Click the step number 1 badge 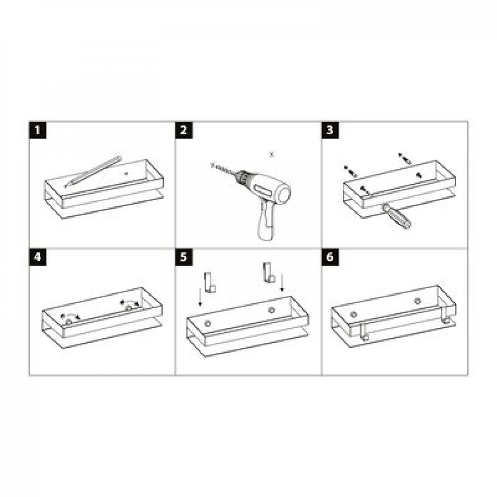coord(38,130)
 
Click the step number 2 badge coord(184,130)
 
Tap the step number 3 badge coord(330,130)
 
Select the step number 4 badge coord(38,257)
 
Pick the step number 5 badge coord(184,257)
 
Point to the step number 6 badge coord(330,257)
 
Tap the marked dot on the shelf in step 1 coord(126,173)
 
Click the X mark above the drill coord(272,155)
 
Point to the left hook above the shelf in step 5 coord(210,282)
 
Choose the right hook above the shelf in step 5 coord(268,272)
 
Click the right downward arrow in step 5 coord(282,283)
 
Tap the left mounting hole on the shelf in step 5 coord(208,324)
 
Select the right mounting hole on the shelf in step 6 coord(417,301)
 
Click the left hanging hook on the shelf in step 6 coord(364,331)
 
